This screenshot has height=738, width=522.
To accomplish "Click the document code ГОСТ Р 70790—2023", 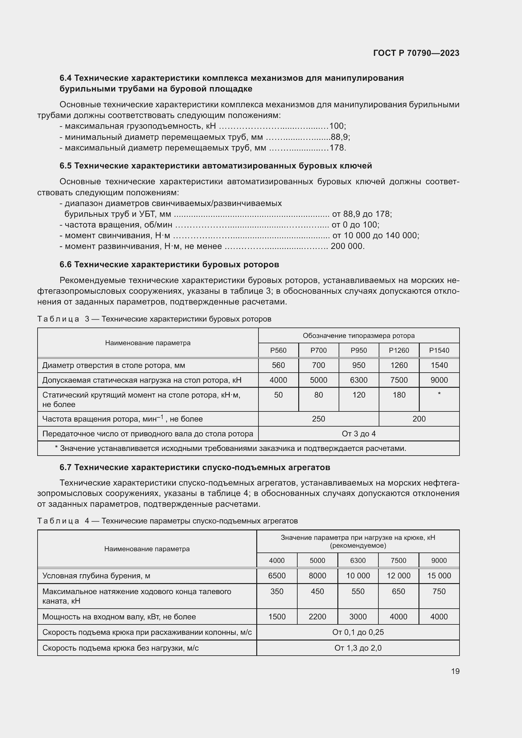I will point(416,53).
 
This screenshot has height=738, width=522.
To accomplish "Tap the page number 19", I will point(455,671).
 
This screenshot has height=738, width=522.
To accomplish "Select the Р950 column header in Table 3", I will point(359,350).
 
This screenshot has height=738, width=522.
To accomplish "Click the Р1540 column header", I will point(439,350).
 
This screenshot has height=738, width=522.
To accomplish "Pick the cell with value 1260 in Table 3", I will point(399,365).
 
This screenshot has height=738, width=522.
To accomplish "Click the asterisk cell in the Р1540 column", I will point(439,395).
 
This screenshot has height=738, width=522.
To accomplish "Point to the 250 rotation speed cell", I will point(318,419).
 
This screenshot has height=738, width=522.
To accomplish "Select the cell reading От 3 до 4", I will point(359,434).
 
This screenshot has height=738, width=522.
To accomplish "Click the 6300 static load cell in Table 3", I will point(359,380).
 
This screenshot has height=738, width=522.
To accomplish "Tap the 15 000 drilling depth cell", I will point(439,576).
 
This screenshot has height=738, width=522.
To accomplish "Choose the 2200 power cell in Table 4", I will point(317,617).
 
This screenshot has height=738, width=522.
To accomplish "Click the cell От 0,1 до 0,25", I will point(358,632).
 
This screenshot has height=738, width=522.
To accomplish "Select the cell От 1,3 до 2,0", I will point(358,648).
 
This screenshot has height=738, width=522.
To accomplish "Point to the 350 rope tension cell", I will point(277,591).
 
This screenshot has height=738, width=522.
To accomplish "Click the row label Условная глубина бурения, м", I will point(96,576).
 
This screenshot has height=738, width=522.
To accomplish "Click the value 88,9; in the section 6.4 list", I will point(341,137).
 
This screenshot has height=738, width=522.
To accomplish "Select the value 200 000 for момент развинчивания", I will point(347,246).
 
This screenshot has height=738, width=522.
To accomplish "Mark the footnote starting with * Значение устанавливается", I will point(230,448).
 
